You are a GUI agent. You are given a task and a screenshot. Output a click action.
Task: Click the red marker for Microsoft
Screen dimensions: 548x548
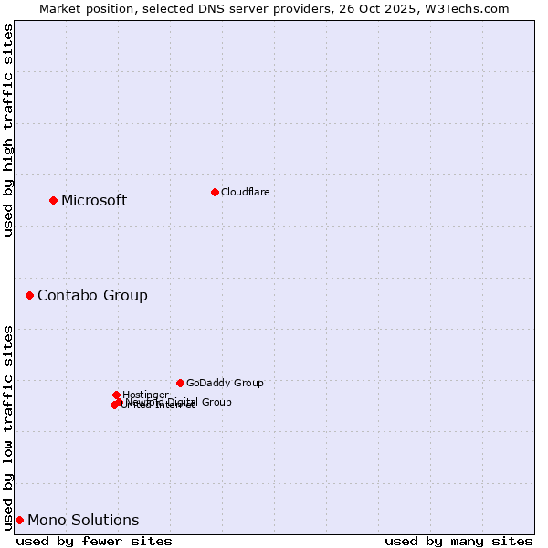click(x=53, y=200)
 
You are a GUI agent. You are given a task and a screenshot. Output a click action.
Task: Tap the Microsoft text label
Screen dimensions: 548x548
click(x=94, y=201)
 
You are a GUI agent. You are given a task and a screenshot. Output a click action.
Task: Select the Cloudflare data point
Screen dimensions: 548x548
click(x=215, y=192)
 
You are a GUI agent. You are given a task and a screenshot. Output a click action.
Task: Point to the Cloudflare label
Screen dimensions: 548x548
click(x=245, y=192)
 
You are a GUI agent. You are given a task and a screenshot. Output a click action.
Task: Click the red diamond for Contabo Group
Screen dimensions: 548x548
click(x=30, y=295)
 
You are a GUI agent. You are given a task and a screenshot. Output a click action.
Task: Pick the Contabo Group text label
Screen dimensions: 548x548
click(x=92, y=296)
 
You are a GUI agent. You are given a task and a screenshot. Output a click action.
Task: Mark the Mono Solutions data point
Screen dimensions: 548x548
click(x=19, y=520)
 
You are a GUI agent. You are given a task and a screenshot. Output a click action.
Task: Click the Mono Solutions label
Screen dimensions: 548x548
click(x=83, y=521)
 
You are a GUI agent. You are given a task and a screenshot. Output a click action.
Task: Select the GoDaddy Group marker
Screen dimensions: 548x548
click(x=180, y=383)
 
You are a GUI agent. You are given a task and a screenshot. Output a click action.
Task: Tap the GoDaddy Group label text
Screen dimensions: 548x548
click(x=225, y=384)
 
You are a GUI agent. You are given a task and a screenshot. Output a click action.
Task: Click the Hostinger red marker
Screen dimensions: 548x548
click(x=116, y=395)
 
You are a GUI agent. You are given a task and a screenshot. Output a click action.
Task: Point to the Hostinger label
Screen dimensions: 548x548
click(x=145, y=395)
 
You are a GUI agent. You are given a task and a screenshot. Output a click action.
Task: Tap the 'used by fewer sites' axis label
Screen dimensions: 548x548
click(x=94, y=541)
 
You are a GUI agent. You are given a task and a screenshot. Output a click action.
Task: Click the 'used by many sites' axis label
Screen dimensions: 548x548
click(x=458, y=541)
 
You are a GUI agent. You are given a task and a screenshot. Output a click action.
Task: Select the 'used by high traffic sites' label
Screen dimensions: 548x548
click(x=8, y=130)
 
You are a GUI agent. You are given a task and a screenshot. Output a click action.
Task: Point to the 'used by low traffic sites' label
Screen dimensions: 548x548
click(x=8, y=427)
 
